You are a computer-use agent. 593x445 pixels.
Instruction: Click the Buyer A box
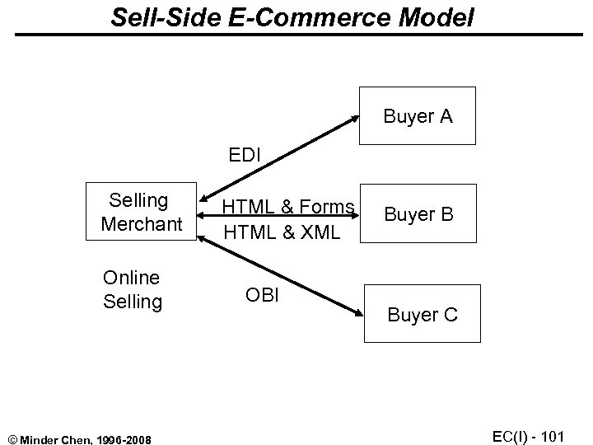[418, 117]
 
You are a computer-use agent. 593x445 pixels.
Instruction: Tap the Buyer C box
[422, 316]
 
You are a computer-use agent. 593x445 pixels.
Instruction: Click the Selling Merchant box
[142, 211]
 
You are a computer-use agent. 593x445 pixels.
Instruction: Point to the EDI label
[246, 154]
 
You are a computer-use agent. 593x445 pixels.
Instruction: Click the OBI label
[263, 294]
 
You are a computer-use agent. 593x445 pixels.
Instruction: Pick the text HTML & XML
[281, 233]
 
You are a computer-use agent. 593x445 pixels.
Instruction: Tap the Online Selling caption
[132, 289]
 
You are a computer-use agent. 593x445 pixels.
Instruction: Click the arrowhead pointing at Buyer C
[356, 312]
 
